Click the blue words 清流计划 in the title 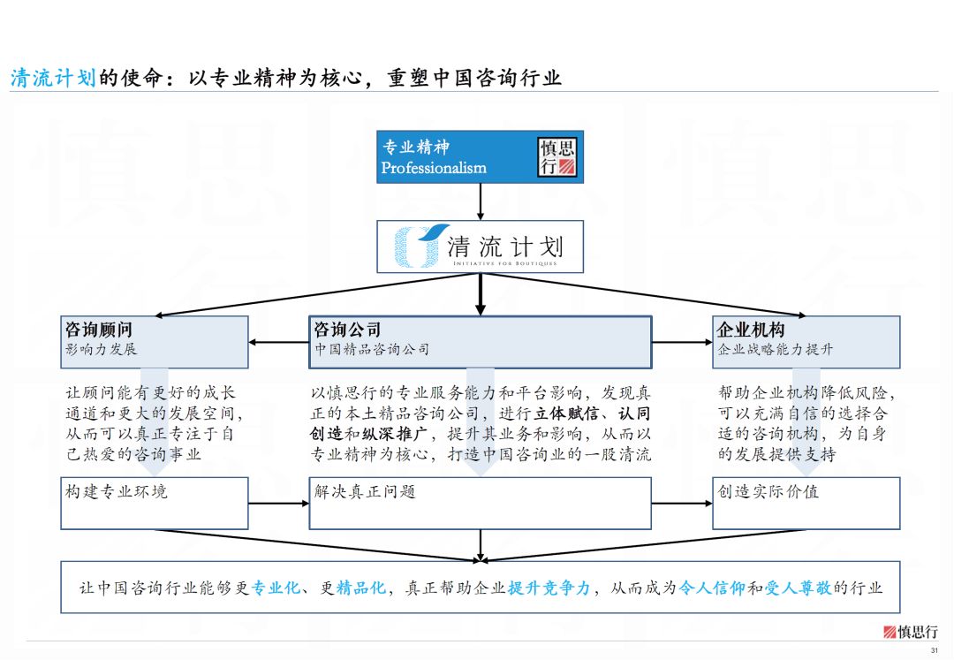click(52, 79)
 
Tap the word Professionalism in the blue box click(434, 168)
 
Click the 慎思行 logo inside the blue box click(557, 156)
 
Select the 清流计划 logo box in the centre click(480, 247)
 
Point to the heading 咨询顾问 click(99, 330)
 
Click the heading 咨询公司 click(348, 330)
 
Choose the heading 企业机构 click(751, 330)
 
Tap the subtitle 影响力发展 click(102, 350)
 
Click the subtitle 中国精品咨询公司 click(372, 350)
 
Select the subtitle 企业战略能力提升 click(776, 350)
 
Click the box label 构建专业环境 click(117, 491)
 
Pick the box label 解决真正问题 click(365, 491)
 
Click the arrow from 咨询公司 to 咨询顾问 click(278, 342)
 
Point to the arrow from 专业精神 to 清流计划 click(480, 201)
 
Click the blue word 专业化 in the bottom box click(276, 588)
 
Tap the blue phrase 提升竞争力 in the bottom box click(549, 588)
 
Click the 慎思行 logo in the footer click(911, 632)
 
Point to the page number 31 click(935, 651)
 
